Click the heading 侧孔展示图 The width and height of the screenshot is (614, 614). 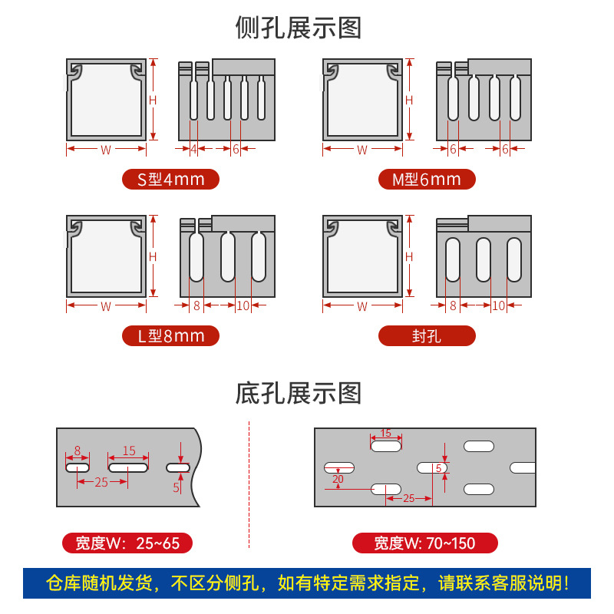click(298, 28)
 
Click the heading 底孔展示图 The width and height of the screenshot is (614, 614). click(298, 393)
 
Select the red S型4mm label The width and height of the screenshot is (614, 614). click(170, 180)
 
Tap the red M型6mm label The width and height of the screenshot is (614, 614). click(427, 180)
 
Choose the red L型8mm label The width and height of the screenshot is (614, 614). click(170, 335)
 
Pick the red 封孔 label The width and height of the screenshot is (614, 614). click(427, 335)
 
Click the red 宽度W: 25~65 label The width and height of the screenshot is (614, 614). click(127, 543)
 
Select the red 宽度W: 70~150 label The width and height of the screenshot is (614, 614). click(424, 543)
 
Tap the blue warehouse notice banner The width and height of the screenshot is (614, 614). click(307, 583)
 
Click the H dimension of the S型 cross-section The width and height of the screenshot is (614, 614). click(153, 100)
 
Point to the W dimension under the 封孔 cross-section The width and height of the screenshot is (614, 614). click(362, 306)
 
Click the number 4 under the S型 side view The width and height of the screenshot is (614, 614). click(193, 149)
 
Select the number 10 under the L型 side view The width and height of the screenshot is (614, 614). click(243, 305)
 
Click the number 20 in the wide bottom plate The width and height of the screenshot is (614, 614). click(338, 479)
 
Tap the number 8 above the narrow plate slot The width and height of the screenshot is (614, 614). click(78, 451)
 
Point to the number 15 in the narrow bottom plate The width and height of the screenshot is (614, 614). click(129, 451)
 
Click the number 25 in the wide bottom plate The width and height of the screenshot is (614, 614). click(408, 498)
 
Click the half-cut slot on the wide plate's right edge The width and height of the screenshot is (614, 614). click(523, 467)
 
